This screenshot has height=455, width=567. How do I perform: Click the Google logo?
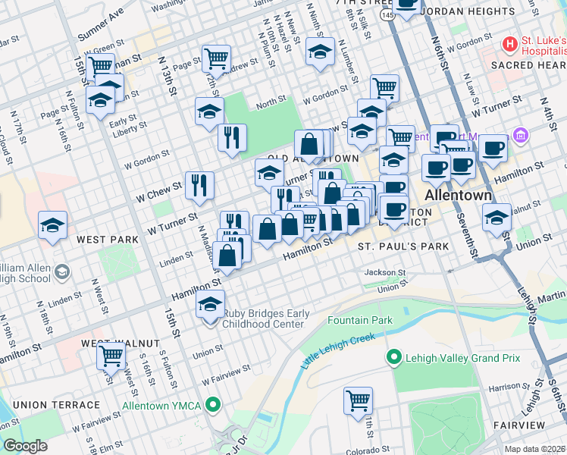click(24, 446)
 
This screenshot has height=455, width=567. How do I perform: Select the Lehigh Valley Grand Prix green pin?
click(393, 356)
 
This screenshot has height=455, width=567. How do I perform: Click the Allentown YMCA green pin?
click(214, 406)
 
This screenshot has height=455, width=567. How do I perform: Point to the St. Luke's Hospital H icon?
click(510, 45)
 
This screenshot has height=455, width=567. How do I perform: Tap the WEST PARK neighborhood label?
click(107, 240)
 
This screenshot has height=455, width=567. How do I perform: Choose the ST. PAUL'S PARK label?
click(403, 247)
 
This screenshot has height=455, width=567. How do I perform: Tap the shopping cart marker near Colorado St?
click(359, 400)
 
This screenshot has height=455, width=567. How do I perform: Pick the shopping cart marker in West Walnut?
click(111, 353)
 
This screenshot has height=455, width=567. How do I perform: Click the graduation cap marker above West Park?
click(52, 225)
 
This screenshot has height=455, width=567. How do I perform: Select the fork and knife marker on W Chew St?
click(199, 184)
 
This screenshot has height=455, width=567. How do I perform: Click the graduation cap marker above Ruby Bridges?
click(210, 305)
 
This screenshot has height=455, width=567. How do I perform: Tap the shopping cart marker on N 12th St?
click(217, 57)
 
